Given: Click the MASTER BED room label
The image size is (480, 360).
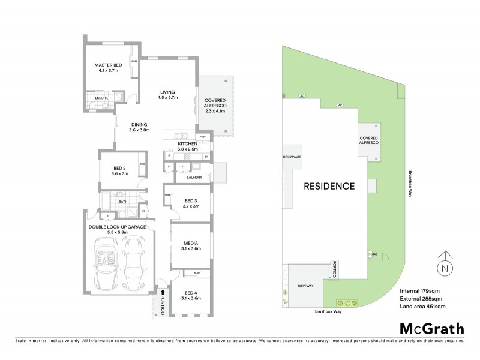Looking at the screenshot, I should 107,68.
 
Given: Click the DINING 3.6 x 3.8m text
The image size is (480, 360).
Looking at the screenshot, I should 139,127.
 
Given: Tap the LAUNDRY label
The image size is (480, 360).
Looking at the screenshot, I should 194,178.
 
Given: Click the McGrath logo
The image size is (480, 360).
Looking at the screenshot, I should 431,328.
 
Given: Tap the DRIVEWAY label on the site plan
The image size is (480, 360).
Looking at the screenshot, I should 306,287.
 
